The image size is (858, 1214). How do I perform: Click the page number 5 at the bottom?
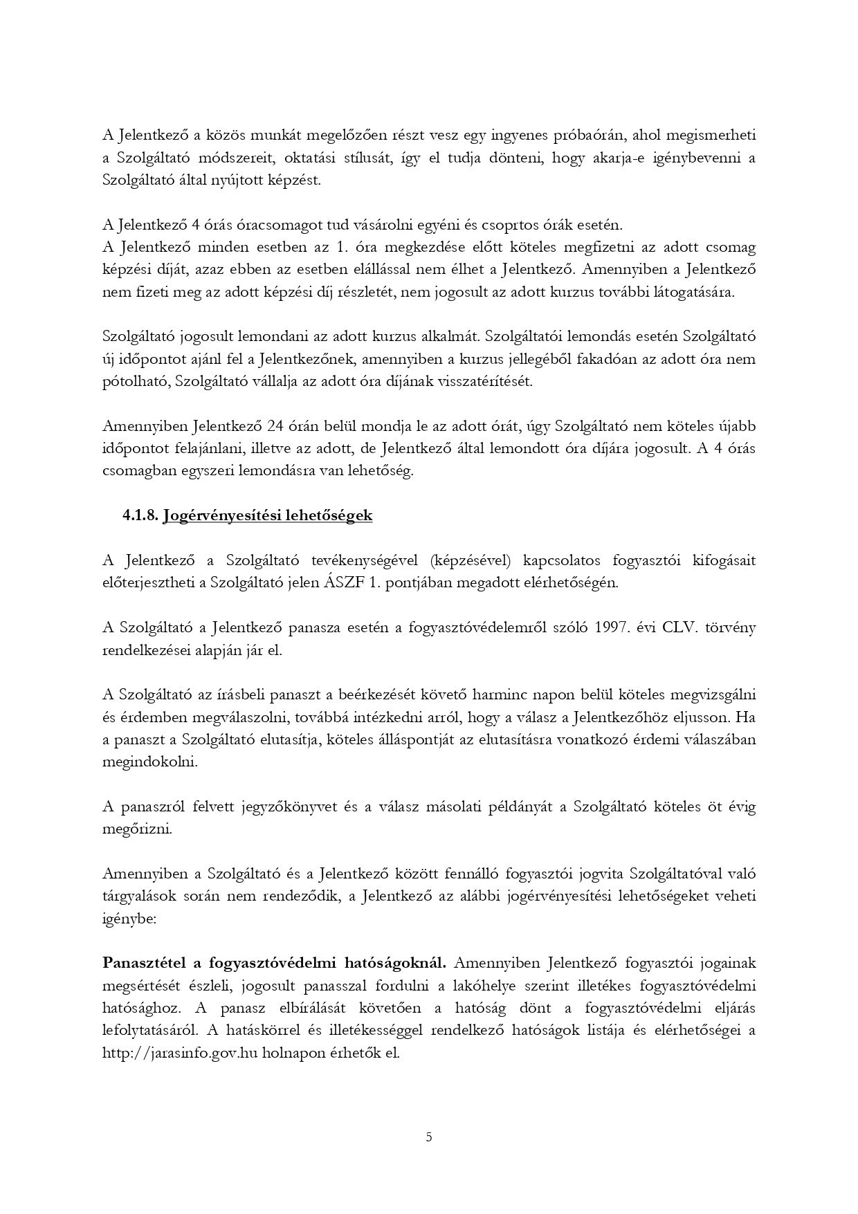(x=429, y=1137)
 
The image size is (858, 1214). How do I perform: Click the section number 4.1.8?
(x=141, y=515)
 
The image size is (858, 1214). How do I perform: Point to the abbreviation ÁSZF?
(x=344, y=582)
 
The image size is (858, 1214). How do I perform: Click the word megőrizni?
(x=137, y=829)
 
